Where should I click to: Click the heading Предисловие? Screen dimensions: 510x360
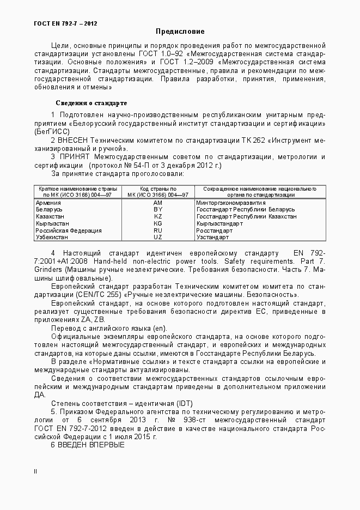pos(180,32)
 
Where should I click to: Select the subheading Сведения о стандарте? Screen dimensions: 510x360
pos(91,103)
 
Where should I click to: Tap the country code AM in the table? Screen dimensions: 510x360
pos(158,202)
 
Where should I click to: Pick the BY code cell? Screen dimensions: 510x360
pos(158,209)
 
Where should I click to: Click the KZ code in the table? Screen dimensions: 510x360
pos(158,216)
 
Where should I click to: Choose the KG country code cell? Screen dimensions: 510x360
pos(158,223)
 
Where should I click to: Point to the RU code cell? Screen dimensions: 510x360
pos(158,230)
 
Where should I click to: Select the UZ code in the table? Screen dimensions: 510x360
pos(158,238)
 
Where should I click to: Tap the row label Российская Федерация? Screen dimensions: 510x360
pos(68,230)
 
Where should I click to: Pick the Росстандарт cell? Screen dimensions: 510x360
pos(214,230)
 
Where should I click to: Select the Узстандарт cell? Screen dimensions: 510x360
pos(213,238)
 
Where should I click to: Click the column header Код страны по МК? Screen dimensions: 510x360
pos(157,191)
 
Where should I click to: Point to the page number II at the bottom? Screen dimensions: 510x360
pos(35,472)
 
